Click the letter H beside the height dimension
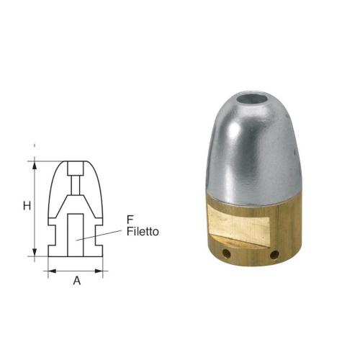26,206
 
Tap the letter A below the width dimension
76,282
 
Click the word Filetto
141,232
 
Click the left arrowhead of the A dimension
50,271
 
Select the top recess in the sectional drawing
76,171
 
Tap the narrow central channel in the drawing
76,196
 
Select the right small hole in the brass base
275,253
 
